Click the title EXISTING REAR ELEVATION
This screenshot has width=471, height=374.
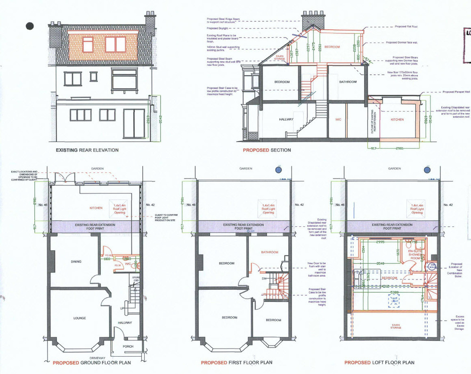coord(87,151)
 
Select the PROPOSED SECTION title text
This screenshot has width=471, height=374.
coord(267,151)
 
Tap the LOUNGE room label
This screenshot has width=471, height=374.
coord(80,318)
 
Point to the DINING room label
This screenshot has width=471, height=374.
coord(76,262)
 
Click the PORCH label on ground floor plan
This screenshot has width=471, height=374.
coord(128,347)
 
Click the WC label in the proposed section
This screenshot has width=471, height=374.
coord(338,120)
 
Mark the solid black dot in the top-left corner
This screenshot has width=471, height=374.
coord(30,26)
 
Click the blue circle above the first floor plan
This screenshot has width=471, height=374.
coord(278,170)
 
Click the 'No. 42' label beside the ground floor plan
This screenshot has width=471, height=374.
coord(150,205)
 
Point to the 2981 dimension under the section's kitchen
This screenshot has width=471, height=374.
coord(398,149)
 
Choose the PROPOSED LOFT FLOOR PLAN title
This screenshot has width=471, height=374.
coord(379,363)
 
